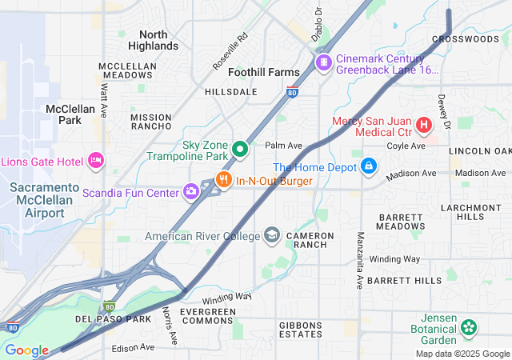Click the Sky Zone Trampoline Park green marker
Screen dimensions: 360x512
point(238,150)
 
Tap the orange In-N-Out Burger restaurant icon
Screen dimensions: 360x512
point(224,181)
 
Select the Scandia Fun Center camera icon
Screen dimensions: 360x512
point(191,190)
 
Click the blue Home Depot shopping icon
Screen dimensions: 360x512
point(369,166)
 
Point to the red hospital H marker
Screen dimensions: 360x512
point(422,126)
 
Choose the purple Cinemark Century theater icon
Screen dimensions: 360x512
point(324,62)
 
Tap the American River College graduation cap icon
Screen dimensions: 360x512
point(272,235)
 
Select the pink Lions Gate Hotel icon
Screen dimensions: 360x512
point(96,161)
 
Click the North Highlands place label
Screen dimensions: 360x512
point(153,40)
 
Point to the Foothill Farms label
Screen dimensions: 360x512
point(264,72)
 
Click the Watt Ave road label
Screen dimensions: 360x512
point(104,99)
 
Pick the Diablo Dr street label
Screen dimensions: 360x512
point(318,24)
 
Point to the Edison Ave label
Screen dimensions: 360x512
point(134,347)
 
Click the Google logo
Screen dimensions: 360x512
point(26,350)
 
